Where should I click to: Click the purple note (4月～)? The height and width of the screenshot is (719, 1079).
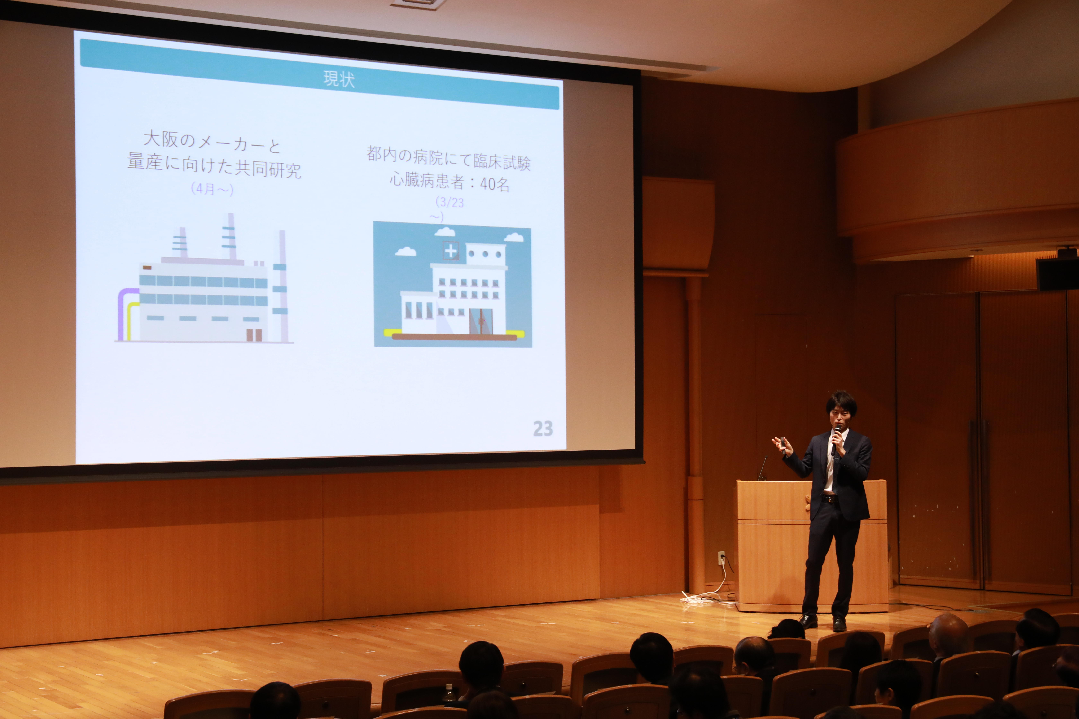[x=212, y=189]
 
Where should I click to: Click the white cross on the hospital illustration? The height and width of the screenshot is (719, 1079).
[x=451, y=251]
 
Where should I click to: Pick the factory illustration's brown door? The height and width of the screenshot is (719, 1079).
[x=254, y=335]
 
